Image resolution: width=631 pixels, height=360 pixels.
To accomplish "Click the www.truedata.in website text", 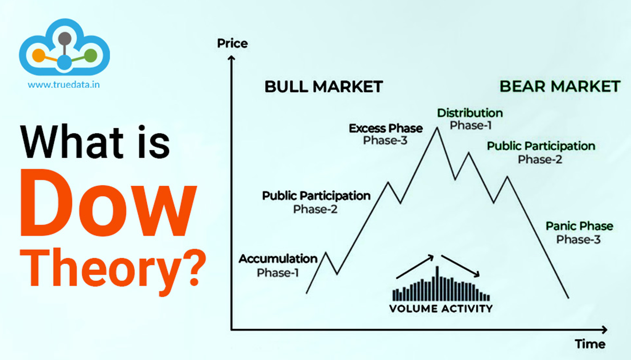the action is pos(64,85).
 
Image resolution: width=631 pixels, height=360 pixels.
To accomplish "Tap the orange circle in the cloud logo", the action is pos(39,55).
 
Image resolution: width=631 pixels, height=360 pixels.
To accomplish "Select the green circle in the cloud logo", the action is pos(91,55).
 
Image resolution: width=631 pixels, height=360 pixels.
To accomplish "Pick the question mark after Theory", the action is pos(194,268).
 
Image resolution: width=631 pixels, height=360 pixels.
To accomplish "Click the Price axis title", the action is pos(232,43).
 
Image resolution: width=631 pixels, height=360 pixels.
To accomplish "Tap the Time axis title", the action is pos(590,344).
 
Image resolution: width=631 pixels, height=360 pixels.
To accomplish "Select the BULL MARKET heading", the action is pos(324,87).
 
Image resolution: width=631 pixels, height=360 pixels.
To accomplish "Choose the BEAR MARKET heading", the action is pos(560,86).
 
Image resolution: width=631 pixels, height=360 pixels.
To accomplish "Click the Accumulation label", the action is pos(278,259).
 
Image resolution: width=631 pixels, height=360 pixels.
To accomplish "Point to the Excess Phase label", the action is pos(386,128).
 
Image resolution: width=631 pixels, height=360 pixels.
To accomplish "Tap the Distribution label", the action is pos(470,113).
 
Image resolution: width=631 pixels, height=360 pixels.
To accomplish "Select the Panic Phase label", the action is pos(579,226).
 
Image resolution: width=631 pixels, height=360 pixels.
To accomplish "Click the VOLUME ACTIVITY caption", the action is pos(441,309).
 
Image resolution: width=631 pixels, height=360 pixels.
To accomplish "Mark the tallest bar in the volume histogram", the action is pos(437,283).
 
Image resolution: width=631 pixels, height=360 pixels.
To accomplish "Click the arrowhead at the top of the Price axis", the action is pos(231,57).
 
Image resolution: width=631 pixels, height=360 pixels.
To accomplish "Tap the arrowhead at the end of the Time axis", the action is pos(604,330).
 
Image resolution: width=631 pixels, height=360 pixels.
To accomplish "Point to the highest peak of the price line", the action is pos(437,128).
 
